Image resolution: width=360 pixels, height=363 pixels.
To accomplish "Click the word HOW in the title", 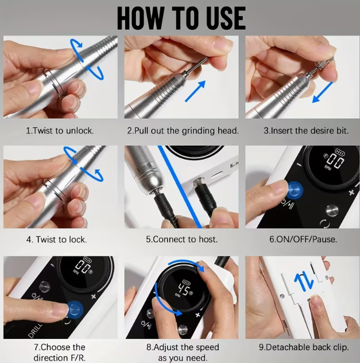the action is (140, 18).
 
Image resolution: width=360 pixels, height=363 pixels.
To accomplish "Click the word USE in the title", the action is (226, 18).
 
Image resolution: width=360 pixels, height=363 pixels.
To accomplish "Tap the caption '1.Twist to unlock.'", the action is (60, 131).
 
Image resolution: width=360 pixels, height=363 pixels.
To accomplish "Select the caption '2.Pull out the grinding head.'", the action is (183, 131).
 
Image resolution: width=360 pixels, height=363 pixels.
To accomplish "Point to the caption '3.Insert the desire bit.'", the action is (306, 131).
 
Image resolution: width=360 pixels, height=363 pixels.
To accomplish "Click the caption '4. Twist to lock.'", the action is (57, 239).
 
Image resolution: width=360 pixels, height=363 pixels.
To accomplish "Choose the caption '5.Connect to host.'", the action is (182, 239).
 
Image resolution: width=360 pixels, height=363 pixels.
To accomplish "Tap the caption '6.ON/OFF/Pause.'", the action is (303, 239).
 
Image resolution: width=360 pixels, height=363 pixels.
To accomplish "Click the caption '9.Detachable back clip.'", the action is (304, 348).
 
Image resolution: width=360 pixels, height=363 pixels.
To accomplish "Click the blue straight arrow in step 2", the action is (195, 91).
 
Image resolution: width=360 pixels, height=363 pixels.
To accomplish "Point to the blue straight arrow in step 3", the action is (323, 92).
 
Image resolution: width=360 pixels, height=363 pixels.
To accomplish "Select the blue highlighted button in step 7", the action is (75, 310).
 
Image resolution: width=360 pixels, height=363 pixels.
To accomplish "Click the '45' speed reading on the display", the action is (183, 290).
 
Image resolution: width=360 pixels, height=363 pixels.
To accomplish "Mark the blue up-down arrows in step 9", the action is (304, 282).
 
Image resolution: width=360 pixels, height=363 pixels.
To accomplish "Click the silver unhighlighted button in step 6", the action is (332, 210).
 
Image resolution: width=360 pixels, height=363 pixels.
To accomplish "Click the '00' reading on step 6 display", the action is (337, 161).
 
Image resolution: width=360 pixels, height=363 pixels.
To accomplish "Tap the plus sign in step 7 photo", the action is (94, 296).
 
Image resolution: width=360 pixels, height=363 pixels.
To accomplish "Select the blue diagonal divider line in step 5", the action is (180, 187).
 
